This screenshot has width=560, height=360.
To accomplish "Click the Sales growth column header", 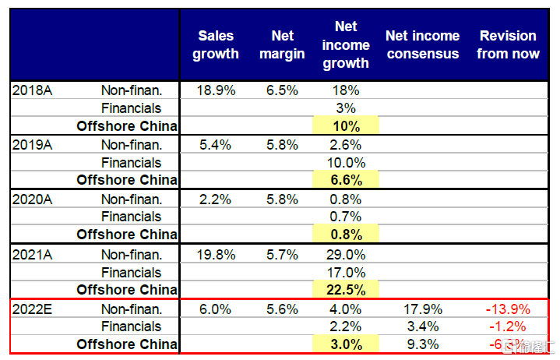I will pyautogui.click(x=216, y=44).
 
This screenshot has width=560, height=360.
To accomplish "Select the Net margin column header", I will pyautogui.click(x=282, y=44).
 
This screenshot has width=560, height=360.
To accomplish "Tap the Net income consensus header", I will pyautogui.click(x=422, y=44).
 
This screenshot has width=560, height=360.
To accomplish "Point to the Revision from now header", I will pyautogui.click(x=508, y=44).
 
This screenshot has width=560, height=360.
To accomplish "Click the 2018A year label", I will pyautogui.click(x=31, y=90).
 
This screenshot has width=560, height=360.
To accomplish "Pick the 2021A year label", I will pyautogui.click(x=31, y=254).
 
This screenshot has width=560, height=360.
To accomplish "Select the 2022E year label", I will pyautogui.click(x=31, y=309).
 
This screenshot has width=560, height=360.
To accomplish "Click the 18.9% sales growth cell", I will pyautogui.click(x=216, y=90).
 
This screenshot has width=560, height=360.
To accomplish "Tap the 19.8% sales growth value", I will pyautogui.click(x=216, y=254).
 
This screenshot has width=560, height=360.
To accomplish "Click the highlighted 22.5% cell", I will pyautogui.click(x=346, y=290).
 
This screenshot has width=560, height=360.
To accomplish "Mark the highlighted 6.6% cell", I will pyautogui.click(x=346, y=180).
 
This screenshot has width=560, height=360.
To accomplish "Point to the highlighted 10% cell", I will pyautogui.click(x=346, y=125).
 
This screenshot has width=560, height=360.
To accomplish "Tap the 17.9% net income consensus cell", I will pyautogui.click(x=422, y=309).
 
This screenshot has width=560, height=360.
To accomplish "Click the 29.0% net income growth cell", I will pyautogui.click(x=346, y=254).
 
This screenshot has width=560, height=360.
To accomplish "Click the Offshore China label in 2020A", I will pyautogui.click(x=127, y=235).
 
